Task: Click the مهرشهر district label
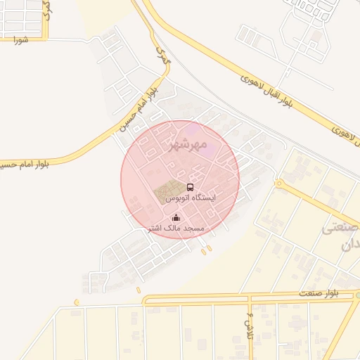pos(189,146)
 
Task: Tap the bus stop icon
pos(191,187)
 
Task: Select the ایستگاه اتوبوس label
pos(190,199)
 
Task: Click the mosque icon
pos(175,218)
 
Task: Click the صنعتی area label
pos(340,229)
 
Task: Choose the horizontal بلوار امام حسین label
pos(25,164)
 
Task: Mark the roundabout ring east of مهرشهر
pos(278,184)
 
